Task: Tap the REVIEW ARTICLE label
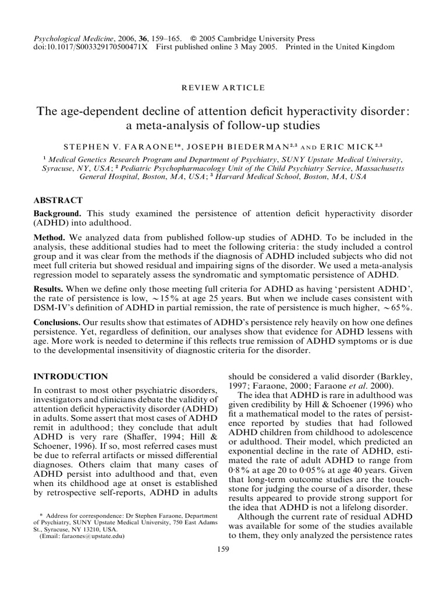223,88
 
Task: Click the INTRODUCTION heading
71,377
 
